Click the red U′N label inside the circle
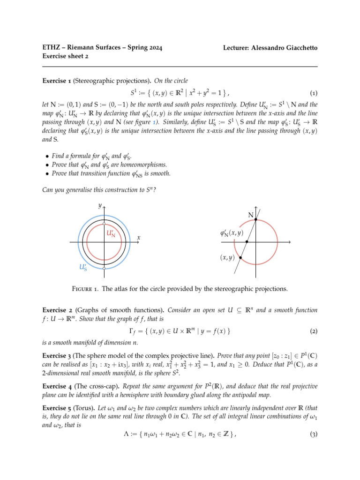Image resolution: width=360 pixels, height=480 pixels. [x=111, y=233]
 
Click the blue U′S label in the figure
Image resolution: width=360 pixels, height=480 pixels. [x=82, y=268]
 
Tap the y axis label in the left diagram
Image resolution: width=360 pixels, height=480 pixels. [x=99, y=205]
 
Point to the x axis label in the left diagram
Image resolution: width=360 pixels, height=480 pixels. [x=139, y=238]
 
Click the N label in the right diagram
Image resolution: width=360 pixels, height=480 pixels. [x=250, y=215]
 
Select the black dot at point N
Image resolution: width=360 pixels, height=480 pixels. [x=255, y=219]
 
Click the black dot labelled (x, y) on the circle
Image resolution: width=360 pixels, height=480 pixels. [x=240, y=258]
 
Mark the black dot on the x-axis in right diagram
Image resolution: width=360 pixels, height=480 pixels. [x=247, y=242]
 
